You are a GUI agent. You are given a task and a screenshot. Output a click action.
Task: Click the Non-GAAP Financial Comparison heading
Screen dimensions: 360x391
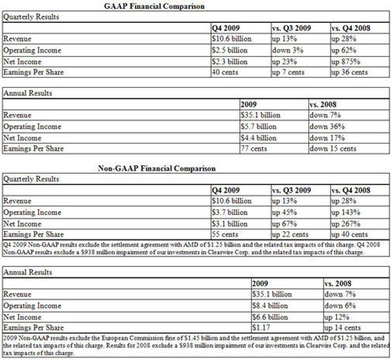click(x=157, y=169)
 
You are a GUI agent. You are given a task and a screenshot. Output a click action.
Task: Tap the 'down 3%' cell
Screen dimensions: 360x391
click(x=287, y=49)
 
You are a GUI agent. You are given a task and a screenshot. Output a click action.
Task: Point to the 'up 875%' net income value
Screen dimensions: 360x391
click(x=347, y=61)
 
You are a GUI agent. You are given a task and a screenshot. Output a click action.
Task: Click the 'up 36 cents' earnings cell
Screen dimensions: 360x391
click(x=350, y=72)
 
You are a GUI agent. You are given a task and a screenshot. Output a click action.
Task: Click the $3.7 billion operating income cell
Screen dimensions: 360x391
click(x=230, y=212)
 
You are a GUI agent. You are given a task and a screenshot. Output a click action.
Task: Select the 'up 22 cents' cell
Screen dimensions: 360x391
click(x=291, y=235)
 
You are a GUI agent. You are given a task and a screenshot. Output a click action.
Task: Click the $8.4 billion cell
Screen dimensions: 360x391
click(x=270, y=306)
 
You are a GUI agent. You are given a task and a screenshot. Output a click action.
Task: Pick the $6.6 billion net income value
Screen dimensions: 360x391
click(x=270, y=317)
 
